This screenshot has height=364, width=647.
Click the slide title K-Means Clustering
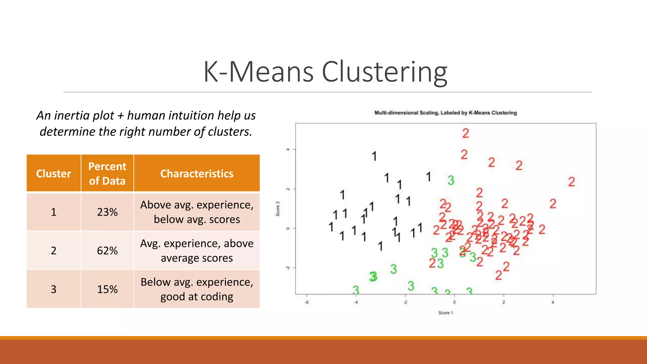coord(325,72)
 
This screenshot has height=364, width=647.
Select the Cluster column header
coord(54,173)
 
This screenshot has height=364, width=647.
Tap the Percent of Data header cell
coord(107,173)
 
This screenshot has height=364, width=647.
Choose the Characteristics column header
coord(197,173)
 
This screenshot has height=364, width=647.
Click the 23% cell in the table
coord(107,212)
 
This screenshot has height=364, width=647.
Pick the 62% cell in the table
coord(107,251)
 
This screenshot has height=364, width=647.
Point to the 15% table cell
coord(107,289)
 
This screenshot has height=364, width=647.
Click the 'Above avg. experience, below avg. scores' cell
coord(197,212)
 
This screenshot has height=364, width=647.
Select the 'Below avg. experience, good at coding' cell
coord(197,289)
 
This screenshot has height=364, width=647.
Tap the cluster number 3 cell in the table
coord(54,289)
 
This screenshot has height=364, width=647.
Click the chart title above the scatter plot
coord(445,113)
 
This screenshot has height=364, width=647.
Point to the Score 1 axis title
coord(445,312)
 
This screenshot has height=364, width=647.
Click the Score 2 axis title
coord(278,209)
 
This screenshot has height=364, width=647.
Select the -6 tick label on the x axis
coord(306,302)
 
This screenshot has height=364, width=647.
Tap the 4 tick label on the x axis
coord(553,302)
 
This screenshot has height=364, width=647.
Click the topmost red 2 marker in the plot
coord(466,133)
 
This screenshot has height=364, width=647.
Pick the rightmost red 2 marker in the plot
coord(571,182)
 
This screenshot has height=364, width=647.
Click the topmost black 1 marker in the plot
coord(374,156)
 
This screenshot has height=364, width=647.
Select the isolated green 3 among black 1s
coord(451,180)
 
